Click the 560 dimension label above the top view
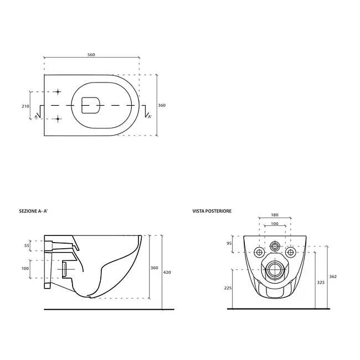pyautogui.click(x=91, y=55)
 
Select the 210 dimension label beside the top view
pyautogui.click(x=25, y=106)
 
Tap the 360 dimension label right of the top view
pyautogui.click(x=162, y=105)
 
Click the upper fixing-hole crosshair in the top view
pyautogui.click(x=58, y=92)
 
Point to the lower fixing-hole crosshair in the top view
pyautogui.click(x=58, y=119)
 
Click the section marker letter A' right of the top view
pyautogui.click(x=150, y=117)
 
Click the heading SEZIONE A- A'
pyautogui.click(x=33, y=211)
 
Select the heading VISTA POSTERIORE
pyautogui.click(x=212, y=211)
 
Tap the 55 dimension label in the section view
pyautogui.click(x=27, y=245)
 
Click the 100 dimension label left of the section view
pyautogui.click(x=25, y=269)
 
